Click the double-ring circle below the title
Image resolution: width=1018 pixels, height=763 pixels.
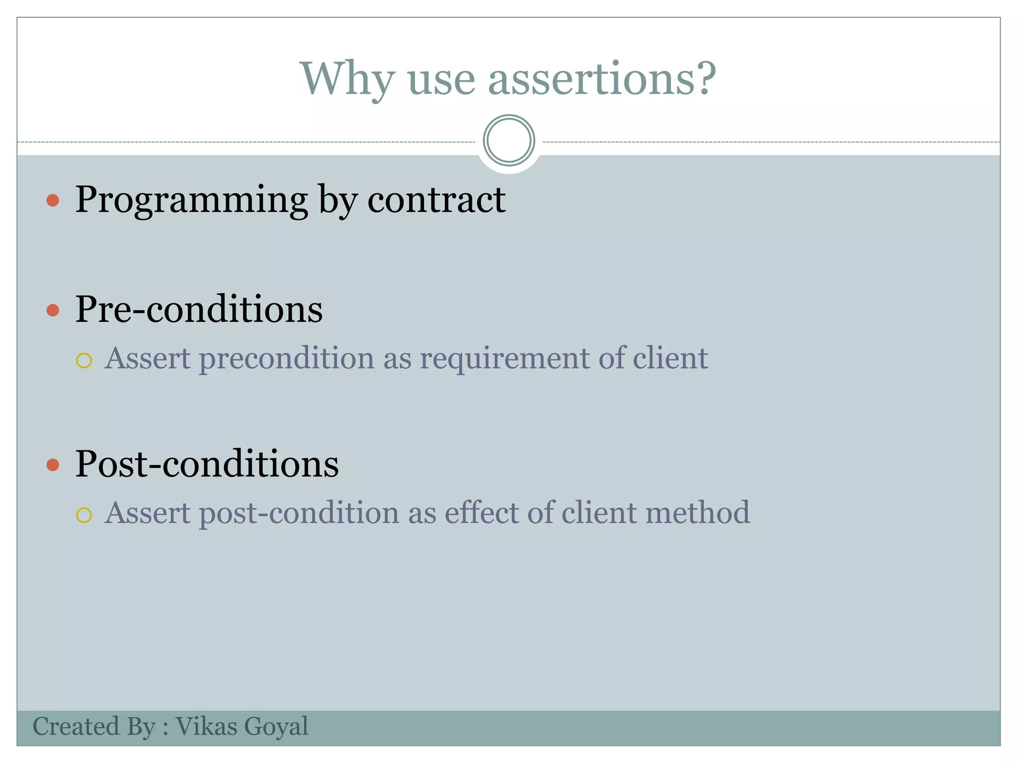coord(509,141)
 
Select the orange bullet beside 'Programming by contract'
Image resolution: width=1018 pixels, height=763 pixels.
coord(53,201)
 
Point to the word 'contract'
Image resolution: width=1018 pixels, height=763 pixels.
coord(436,200)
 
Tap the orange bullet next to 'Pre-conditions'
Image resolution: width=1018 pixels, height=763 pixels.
coord(53,310)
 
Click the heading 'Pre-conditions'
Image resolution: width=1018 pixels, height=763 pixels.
coord(199,309)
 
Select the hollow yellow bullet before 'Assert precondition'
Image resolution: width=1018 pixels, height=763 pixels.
coord(84,360)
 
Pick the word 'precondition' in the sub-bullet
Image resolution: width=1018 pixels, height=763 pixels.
coord(286,359)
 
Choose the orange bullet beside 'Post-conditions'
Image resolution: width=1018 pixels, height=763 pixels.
coord(53,465)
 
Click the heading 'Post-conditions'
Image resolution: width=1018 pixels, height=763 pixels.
coord(207,464)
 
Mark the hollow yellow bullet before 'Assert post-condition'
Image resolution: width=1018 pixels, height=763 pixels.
coord(84,515)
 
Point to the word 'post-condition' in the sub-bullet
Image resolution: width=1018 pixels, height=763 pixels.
coord(299,514)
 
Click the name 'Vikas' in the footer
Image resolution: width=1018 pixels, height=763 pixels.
coord(206,726)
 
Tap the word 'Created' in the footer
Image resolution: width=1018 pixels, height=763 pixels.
coord(76,726)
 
